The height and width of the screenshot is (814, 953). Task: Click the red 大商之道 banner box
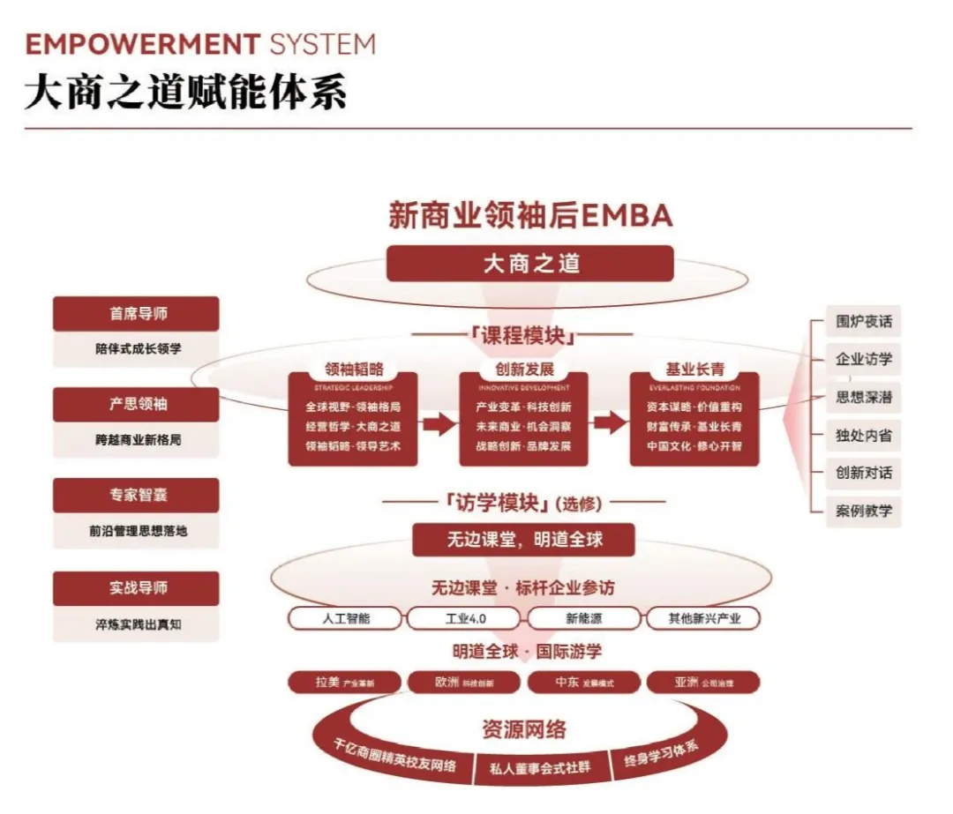click(529, 263)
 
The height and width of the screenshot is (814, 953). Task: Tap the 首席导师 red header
click(136, 314)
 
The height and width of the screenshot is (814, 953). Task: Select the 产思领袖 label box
click(136, 405)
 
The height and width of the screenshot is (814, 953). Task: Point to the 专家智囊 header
click(136, 496)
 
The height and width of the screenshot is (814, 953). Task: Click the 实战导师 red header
click(136, 588)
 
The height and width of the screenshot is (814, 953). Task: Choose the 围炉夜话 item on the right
click(864, 321)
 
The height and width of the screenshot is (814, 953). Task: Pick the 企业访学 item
click(864, 359)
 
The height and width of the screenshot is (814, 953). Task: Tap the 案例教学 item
click(864, 512)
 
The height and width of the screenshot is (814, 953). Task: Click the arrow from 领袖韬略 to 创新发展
click(439, 425)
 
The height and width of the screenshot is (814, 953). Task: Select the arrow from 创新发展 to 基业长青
click(609, 424)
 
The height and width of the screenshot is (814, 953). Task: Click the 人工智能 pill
click(346, 618)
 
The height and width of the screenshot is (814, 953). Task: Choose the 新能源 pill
click(584, 618)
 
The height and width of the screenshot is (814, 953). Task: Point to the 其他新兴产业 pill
click(704, 618)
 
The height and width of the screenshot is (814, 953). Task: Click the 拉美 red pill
click(345, 683)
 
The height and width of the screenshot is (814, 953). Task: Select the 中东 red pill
click(584, 683)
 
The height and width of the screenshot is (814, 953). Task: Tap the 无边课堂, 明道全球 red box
click(523, 540)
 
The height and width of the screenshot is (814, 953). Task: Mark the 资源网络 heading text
click(524, 729)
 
